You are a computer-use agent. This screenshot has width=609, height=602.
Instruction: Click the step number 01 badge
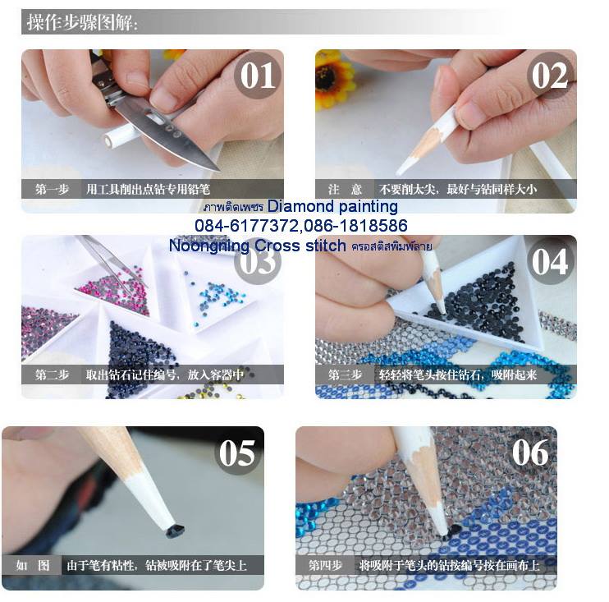coord(258,76)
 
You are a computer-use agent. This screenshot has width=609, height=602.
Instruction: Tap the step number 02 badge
coord(550,76)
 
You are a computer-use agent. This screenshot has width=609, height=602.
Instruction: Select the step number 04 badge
coord(550,261)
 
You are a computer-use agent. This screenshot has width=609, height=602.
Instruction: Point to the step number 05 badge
coord(237,453)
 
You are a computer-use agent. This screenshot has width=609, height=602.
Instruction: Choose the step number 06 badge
coord(530,453)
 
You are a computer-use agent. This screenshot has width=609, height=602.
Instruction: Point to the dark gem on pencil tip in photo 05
coord(175,531)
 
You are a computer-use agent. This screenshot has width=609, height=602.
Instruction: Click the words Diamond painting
coord(332,206)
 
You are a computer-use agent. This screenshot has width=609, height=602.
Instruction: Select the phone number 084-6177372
coord(247,225)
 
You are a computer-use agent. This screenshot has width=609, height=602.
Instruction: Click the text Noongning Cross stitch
coord(257,246)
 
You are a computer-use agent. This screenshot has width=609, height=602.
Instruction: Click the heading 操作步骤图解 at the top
coord(82,22)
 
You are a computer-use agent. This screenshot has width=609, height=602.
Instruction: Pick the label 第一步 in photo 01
coord(52,189)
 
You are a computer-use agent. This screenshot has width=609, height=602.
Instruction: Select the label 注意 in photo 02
coord(345,189)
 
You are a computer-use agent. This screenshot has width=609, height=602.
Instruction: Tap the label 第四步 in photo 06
coord(325,565)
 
